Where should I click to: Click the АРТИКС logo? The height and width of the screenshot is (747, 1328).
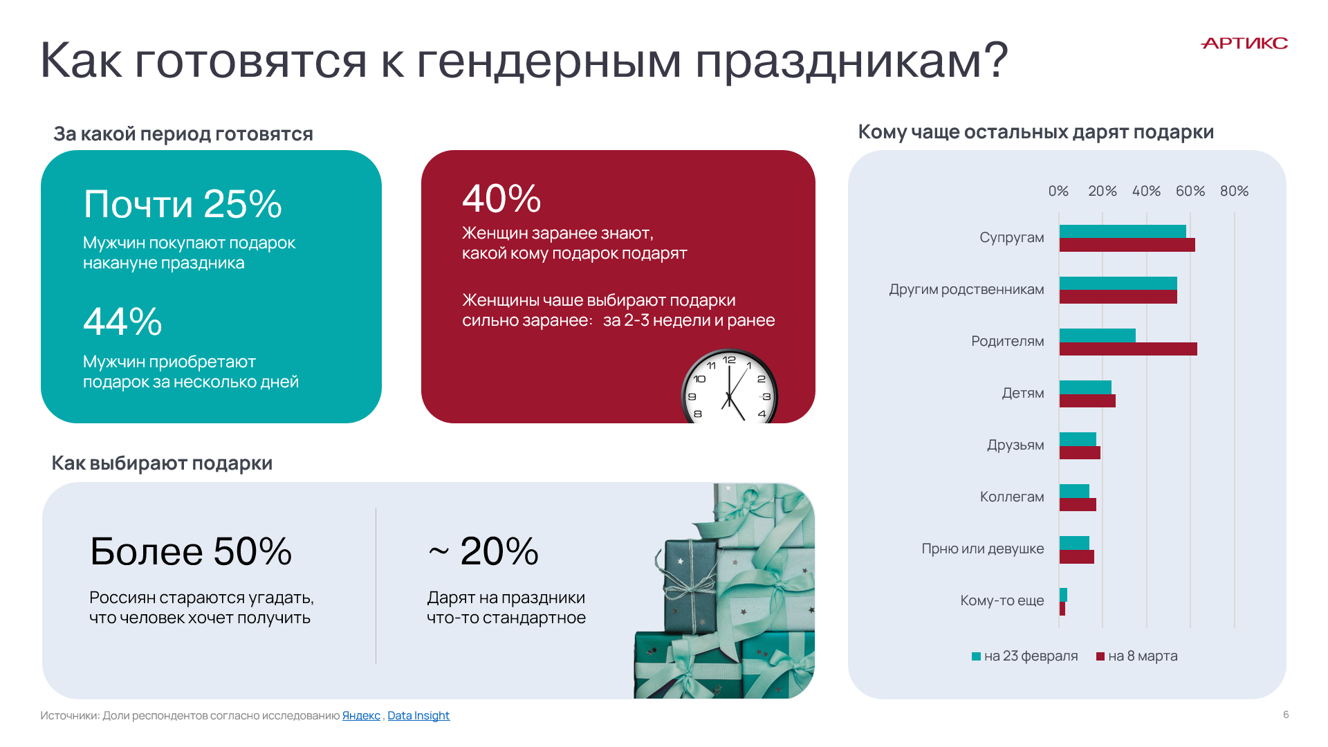[x=1244, y=44]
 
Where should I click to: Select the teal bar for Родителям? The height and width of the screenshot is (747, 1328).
[x=1098, y=335]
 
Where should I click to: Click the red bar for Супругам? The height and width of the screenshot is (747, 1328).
[x=1127, y=245]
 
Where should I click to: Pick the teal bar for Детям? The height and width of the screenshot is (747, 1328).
[x=1085, y=387]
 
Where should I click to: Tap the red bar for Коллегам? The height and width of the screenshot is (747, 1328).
[x=1078, y=505]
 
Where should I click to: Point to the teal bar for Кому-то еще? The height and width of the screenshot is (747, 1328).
[x=1063, y=595]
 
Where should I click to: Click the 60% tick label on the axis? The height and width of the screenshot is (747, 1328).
[x=1190, y=191]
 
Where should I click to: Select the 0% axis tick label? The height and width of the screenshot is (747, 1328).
[x=1058, y=191]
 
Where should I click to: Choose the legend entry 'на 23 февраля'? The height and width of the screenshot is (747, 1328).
[x=1024, y=656]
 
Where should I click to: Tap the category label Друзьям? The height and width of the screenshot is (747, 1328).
[x=1015, y=445]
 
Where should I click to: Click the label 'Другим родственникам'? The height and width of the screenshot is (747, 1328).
[x=966, y=289]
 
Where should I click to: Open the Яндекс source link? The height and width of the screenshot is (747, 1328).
[x=361, y=716]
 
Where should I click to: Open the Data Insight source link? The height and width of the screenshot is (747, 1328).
[x=418, y=716]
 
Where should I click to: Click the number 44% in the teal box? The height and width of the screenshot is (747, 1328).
[x=122, y=322]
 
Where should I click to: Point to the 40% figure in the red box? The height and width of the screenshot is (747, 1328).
[x=501, y=199]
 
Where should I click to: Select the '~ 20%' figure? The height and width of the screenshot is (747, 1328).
[x=483, y=551]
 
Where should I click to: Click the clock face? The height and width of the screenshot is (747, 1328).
[x=730, y=387]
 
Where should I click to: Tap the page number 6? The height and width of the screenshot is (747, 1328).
[x=1286, y=714]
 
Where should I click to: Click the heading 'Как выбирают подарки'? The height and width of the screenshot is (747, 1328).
[x=162, y=463]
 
